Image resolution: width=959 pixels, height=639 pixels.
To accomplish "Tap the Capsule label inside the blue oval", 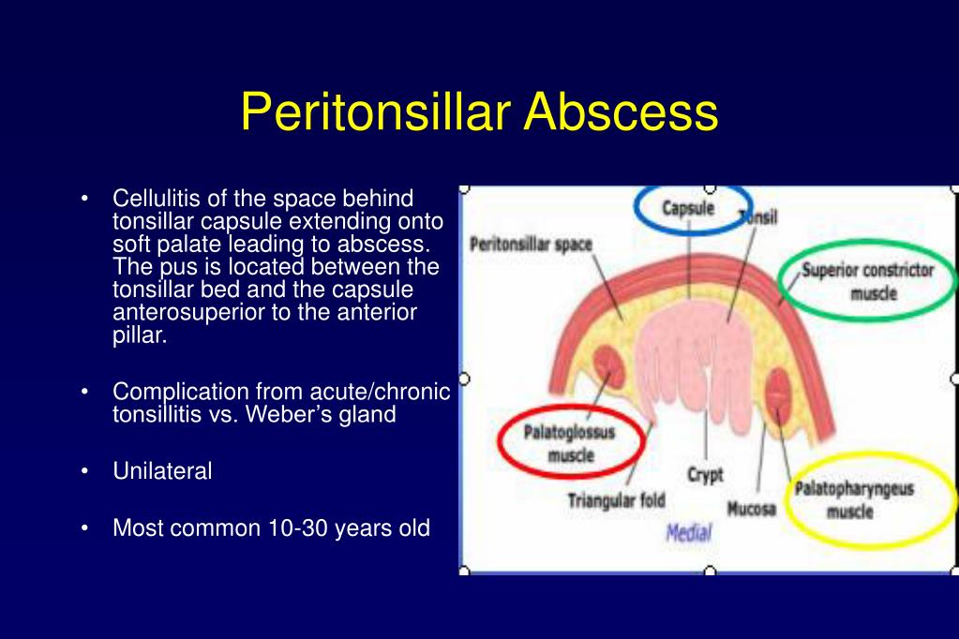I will [x=689, y=208].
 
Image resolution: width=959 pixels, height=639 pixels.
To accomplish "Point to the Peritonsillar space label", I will [x=531, y=245].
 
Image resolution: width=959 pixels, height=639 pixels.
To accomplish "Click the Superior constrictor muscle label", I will [x=867, y=281].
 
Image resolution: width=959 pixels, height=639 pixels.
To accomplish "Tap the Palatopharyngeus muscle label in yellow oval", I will [x=853, y=499].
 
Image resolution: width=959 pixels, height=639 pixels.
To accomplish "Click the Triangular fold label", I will [x=616, y=500].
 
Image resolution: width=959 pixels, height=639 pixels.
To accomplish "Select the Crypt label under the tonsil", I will [x=705, y=475].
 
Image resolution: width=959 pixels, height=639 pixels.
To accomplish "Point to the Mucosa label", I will [x=750, y=510].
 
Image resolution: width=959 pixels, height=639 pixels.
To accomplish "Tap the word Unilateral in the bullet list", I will [x=162, y=471].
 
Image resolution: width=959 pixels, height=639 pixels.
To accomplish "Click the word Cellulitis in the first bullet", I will [x=155, y=199].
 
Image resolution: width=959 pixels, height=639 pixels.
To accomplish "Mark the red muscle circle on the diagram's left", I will [x=607, y=367].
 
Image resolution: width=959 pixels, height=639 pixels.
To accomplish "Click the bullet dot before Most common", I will [x=86, y=528].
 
